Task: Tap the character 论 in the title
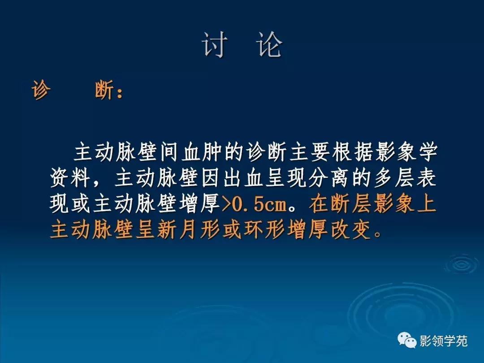(x=270, y=45)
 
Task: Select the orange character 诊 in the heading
(x=41, y=91)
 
